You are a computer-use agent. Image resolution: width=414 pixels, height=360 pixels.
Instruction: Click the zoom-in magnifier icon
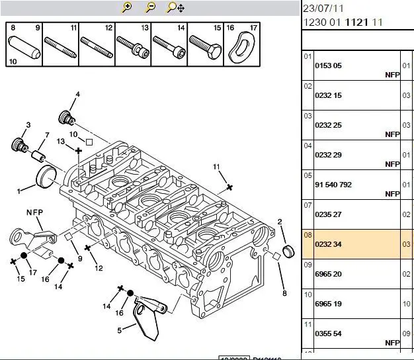(128, 7)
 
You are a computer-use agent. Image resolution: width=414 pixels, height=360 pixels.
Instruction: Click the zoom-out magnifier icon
(151, 7)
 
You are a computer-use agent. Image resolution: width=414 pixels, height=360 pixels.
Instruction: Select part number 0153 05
(328, 66)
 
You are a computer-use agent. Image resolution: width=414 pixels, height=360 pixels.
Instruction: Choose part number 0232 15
(328, 95)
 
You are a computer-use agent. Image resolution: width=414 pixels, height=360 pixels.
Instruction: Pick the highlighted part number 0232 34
(328, 244)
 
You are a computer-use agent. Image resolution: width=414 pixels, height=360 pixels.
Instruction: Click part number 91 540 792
(333, 185)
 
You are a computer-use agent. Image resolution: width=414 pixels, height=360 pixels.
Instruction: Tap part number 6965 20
(328, 274)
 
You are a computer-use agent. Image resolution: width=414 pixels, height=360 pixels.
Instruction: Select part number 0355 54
(328, 334)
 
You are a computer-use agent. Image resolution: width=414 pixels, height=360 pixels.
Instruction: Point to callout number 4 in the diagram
(77, 95)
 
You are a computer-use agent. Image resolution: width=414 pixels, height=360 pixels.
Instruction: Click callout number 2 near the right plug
(280, 222)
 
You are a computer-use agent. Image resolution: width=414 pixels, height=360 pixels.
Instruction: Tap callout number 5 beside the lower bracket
(120, 330)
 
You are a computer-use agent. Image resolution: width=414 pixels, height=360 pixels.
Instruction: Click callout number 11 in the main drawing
(216, 165)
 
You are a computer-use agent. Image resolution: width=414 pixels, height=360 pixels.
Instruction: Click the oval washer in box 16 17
(241, 46)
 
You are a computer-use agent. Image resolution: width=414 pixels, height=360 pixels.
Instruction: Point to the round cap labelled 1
(46, 177)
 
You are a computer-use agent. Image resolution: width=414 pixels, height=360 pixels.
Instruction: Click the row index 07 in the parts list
(307, 206)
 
